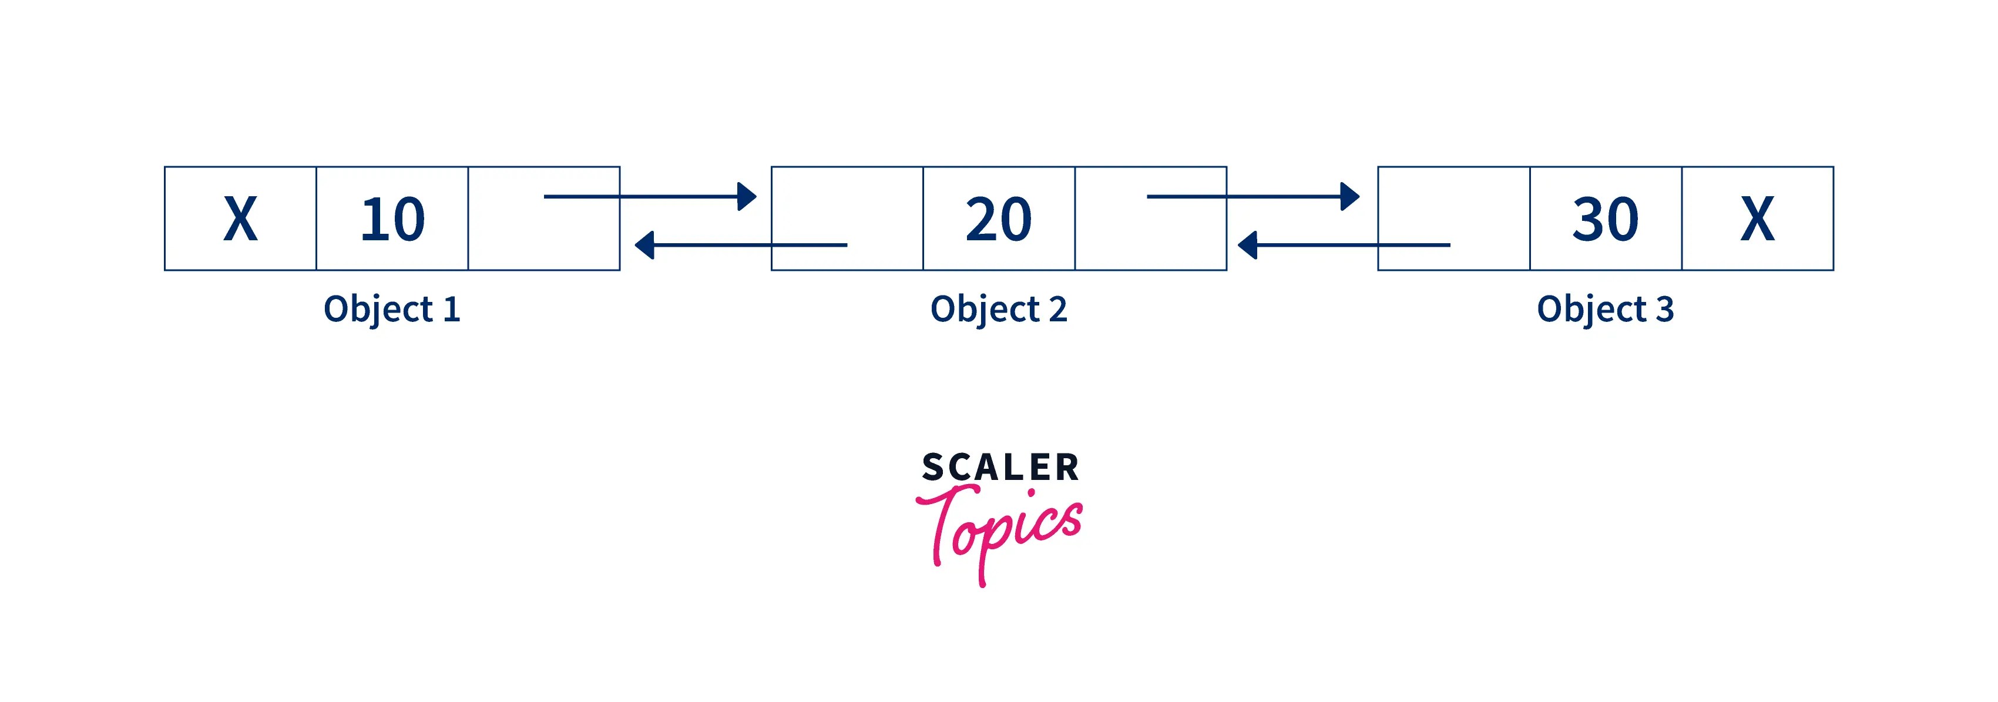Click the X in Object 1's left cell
click(240, 219)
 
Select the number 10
click(392, 219)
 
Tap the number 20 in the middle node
click(998, 219)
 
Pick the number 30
click(1606, 219)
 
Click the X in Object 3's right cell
click(1758, 219)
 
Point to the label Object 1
click(392, 310)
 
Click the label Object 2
click(998, 310)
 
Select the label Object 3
click(1606, 310)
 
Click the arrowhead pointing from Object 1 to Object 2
click(746, 196)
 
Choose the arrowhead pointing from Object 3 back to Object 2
click(1248, 245)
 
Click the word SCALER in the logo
click(1000, 468)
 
